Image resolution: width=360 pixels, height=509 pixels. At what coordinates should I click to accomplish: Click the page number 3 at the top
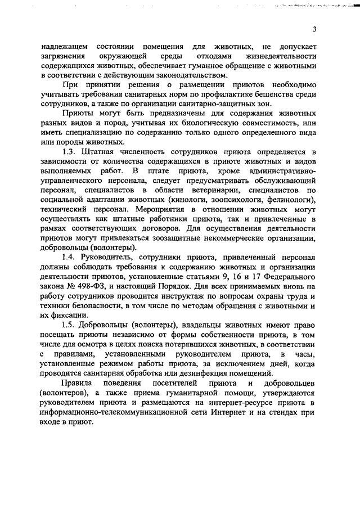pyautogui.click(x=315, y=30)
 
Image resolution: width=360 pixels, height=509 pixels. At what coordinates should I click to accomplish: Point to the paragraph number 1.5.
pyautogui.click(x=69, y=325)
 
